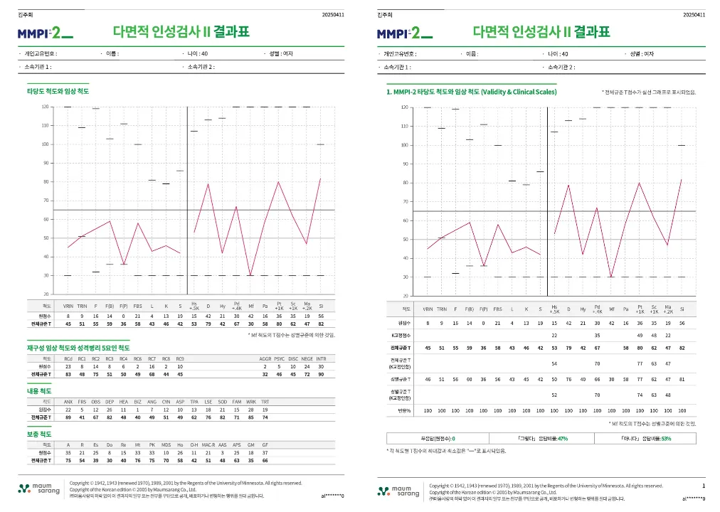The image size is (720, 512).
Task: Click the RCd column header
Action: pyautogui.click(x=68, y=359)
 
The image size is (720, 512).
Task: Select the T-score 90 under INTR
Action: pyautogui.click(x=321, y=373)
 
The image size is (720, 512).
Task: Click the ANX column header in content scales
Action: pyautogui.click(x=68, y=402)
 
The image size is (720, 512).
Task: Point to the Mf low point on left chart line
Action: pyautogui.click(x=250, y=275)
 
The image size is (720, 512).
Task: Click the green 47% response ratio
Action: pyautogui.click(x=562, y=439)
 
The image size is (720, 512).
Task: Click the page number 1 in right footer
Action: pyautogui.click(x=703, y=486)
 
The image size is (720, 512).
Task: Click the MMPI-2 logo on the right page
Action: pyautogui.click(x=403, y=33)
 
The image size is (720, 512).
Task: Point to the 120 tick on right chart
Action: pyautogui.click(x=404, y=108)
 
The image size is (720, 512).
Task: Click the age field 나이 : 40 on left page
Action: pyautogui.click(x=194, y=53)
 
